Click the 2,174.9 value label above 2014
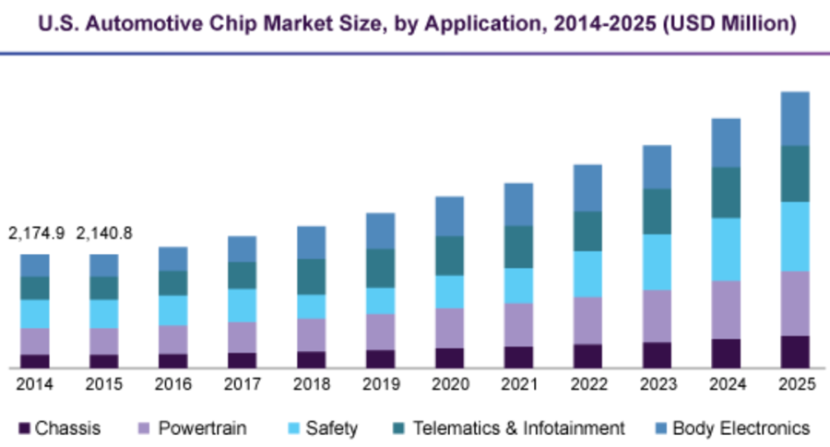pos(36,233)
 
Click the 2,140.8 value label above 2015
pos(103,233)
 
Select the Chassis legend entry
pos(61,429)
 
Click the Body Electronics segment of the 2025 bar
pos(795,118)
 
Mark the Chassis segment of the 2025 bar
pos(795,352)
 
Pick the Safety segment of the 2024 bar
pos(726,248)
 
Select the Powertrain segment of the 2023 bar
pos(657,316)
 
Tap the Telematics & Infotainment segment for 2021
pos(518,247)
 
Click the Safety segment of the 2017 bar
pos(242,305)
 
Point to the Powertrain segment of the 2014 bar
pos(35,341)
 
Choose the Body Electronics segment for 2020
pos(449,215)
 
